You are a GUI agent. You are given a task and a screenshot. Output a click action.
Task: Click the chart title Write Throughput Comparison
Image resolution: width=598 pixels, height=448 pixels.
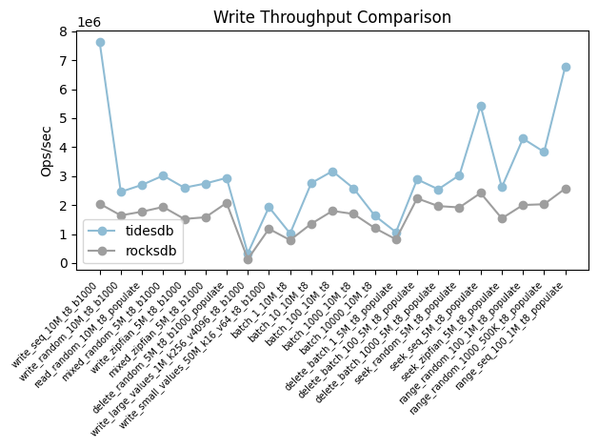click(332, 17)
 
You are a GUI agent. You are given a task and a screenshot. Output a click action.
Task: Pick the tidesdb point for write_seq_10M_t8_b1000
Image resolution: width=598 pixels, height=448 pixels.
click(100, 42)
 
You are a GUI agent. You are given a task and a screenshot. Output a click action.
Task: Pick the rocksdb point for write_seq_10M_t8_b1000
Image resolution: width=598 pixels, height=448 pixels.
click(100, 204)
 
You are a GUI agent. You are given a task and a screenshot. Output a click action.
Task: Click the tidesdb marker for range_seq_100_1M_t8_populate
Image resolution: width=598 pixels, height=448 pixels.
click(566, 67)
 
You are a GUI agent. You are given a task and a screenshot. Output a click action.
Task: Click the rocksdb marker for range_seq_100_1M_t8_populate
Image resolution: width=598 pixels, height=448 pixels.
click(566, 189)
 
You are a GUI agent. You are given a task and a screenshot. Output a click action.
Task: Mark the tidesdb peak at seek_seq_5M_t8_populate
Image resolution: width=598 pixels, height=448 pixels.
click(481, 106)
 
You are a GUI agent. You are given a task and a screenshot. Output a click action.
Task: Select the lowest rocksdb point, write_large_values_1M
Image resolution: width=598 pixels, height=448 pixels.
click(248, 259)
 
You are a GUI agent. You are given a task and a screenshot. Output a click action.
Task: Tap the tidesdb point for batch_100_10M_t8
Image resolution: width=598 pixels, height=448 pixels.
click(332, 172)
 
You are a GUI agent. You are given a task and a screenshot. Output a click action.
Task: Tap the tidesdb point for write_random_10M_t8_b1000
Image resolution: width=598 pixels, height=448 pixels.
click(121, 192)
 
